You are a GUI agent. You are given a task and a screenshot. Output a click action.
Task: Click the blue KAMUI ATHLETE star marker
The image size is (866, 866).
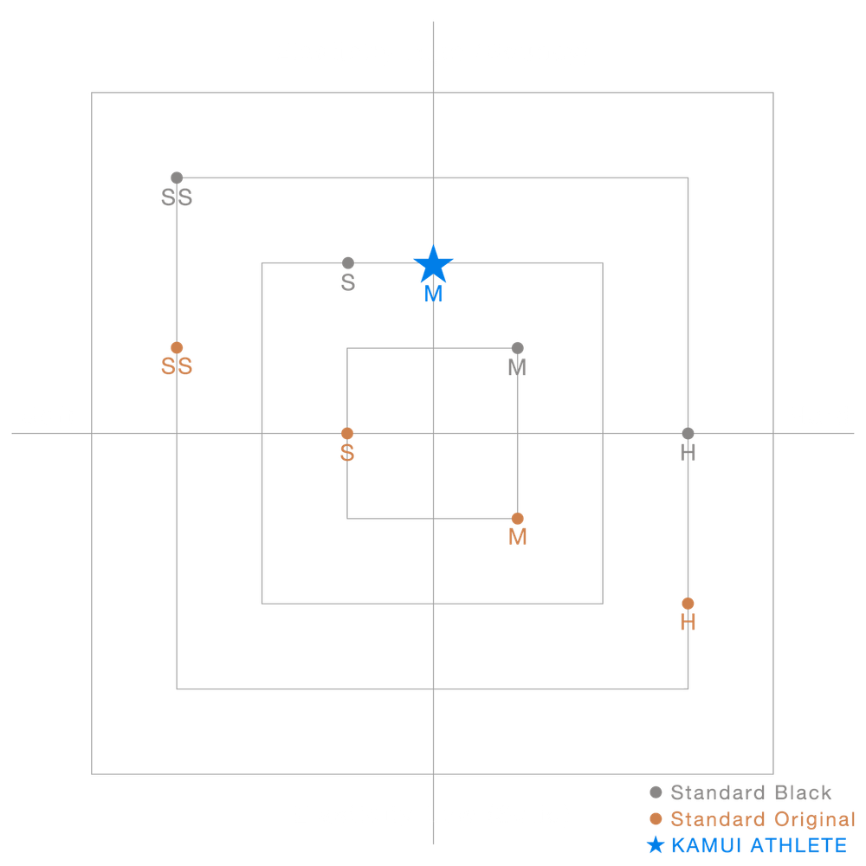pos(433,264)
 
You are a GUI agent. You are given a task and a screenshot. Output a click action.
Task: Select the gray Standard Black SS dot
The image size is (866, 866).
pos(177,178)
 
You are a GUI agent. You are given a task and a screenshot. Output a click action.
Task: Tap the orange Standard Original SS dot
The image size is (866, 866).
pos(177,347)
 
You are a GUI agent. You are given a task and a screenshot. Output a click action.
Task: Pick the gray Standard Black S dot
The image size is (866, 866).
pos(348,262)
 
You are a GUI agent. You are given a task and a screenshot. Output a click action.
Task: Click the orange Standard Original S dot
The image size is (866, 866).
pos(347,433)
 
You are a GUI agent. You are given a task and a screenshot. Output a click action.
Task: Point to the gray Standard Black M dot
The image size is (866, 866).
pos(518,348)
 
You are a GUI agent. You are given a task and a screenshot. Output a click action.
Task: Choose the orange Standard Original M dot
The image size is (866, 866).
pos(518,519)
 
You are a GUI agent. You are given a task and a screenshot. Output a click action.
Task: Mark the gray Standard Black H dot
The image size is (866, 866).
pos(688,433)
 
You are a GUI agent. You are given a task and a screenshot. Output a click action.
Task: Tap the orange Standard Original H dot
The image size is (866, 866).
pos(688,603)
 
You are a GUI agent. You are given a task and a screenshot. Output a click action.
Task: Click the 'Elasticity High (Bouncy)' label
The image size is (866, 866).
pos(432,52)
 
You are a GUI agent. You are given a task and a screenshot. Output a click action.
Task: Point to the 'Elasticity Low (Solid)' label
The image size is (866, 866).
pos(432,815)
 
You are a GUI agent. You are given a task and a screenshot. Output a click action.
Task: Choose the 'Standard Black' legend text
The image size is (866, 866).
pos(751,792)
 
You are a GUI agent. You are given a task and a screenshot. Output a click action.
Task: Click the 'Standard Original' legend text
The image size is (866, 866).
pos(763,819)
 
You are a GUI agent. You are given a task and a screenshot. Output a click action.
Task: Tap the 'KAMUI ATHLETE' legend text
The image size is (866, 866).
pos(758,846)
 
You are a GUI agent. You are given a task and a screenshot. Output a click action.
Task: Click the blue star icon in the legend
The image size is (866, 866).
pos(656,845)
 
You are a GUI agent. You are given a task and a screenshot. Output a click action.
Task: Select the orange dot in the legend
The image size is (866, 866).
pos(656,819)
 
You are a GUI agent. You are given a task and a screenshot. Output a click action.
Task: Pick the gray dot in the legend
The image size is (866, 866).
pos(656,792)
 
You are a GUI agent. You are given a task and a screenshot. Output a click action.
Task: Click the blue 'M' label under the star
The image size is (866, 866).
pos(433,295)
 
